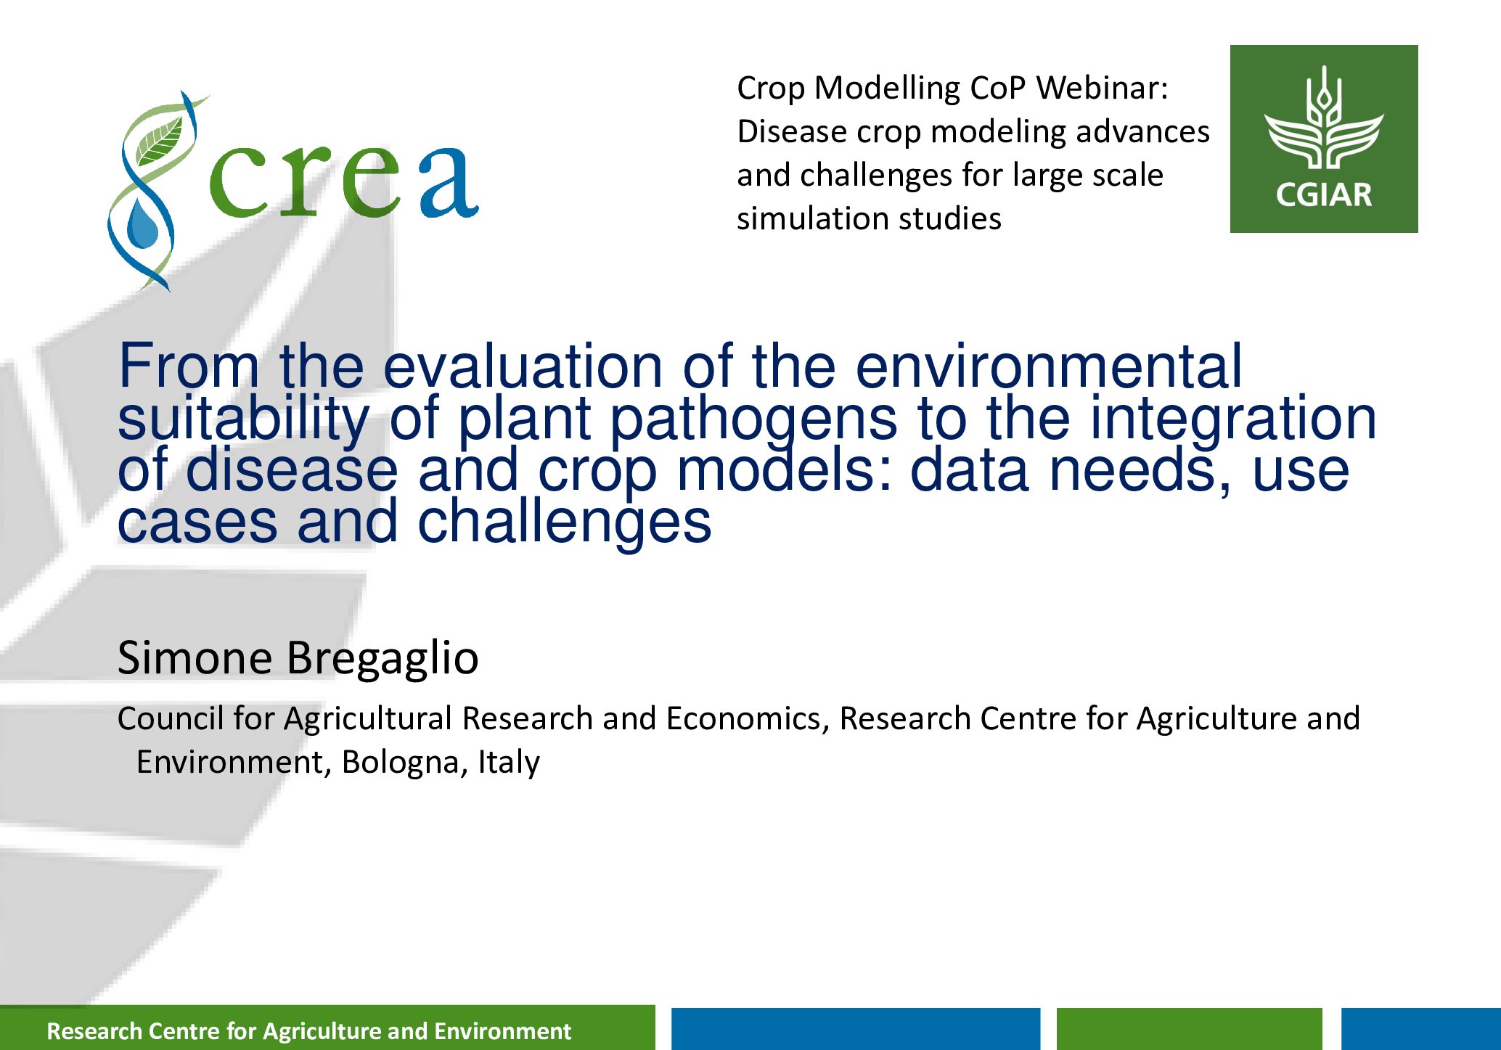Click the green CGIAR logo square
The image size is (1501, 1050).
coord(1324,139)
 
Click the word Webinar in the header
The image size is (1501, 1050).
coord(1102,88)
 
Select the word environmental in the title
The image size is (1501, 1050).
coord(1048,366)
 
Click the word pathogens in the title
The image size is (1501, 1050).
coord(753,419)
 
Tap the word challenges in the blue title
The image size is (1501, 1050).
coord(565,522)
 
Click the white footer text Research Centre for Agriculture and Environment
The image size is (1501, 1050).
coord(309,1031)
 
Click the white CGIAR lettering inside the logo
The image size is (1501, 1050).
coord(1324,194)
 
